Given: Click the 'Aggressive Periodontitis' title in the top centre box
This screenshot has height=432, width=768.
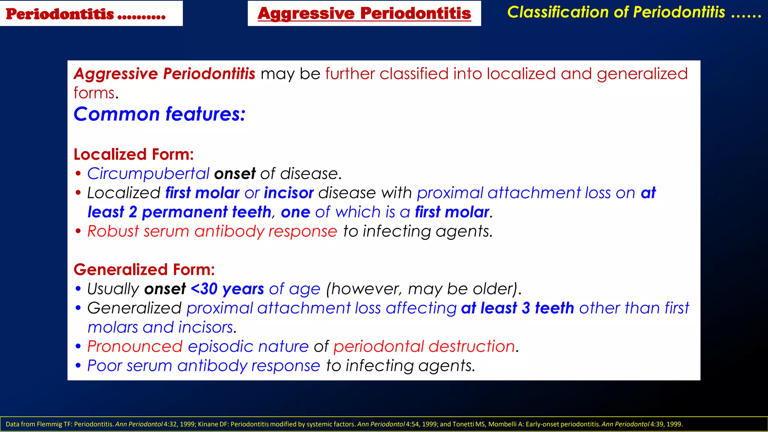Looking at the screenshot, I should coord(364,13).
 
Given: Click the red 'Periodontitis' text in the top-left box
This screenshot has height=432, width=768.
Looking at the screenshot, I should coord(60,14).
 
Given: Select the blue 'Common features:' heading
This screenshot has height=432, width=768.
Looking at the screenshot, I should coord(159,114).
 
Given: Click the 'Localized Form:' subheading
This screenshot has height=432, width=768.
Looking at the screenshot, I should coord(133,154).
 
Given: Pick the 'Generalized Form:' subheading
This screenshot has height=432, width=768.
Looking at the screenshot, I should coord(144,270).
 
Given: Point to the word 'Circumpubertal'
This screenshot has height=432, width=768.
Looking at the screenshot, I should coord(148,174).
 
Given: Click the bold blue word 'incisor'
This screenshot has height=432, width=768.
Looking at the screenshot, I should coord(289,193).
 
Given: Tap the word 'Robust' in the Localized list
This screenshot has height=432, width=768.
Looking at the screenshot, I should coord(113,231).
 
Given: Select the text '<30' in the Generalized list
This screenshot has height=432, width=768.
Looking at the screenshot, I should coord(204,289).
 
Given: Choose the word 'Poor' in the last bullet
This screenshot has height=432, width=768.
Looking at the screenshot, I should coord(105,366).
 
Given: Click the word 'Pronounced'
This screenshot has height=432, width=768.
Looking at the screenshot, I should coord(135,346).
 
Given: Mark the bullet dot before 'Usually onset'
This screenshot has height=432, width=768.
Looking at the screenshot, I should coord(78,289).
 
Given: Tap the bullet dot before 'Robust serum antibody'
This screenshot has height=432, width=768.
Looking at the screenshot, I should coord(78,231).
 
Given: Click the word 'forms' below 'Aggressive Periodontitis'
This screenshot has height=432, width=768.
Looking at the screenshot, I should coord(94,93).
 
